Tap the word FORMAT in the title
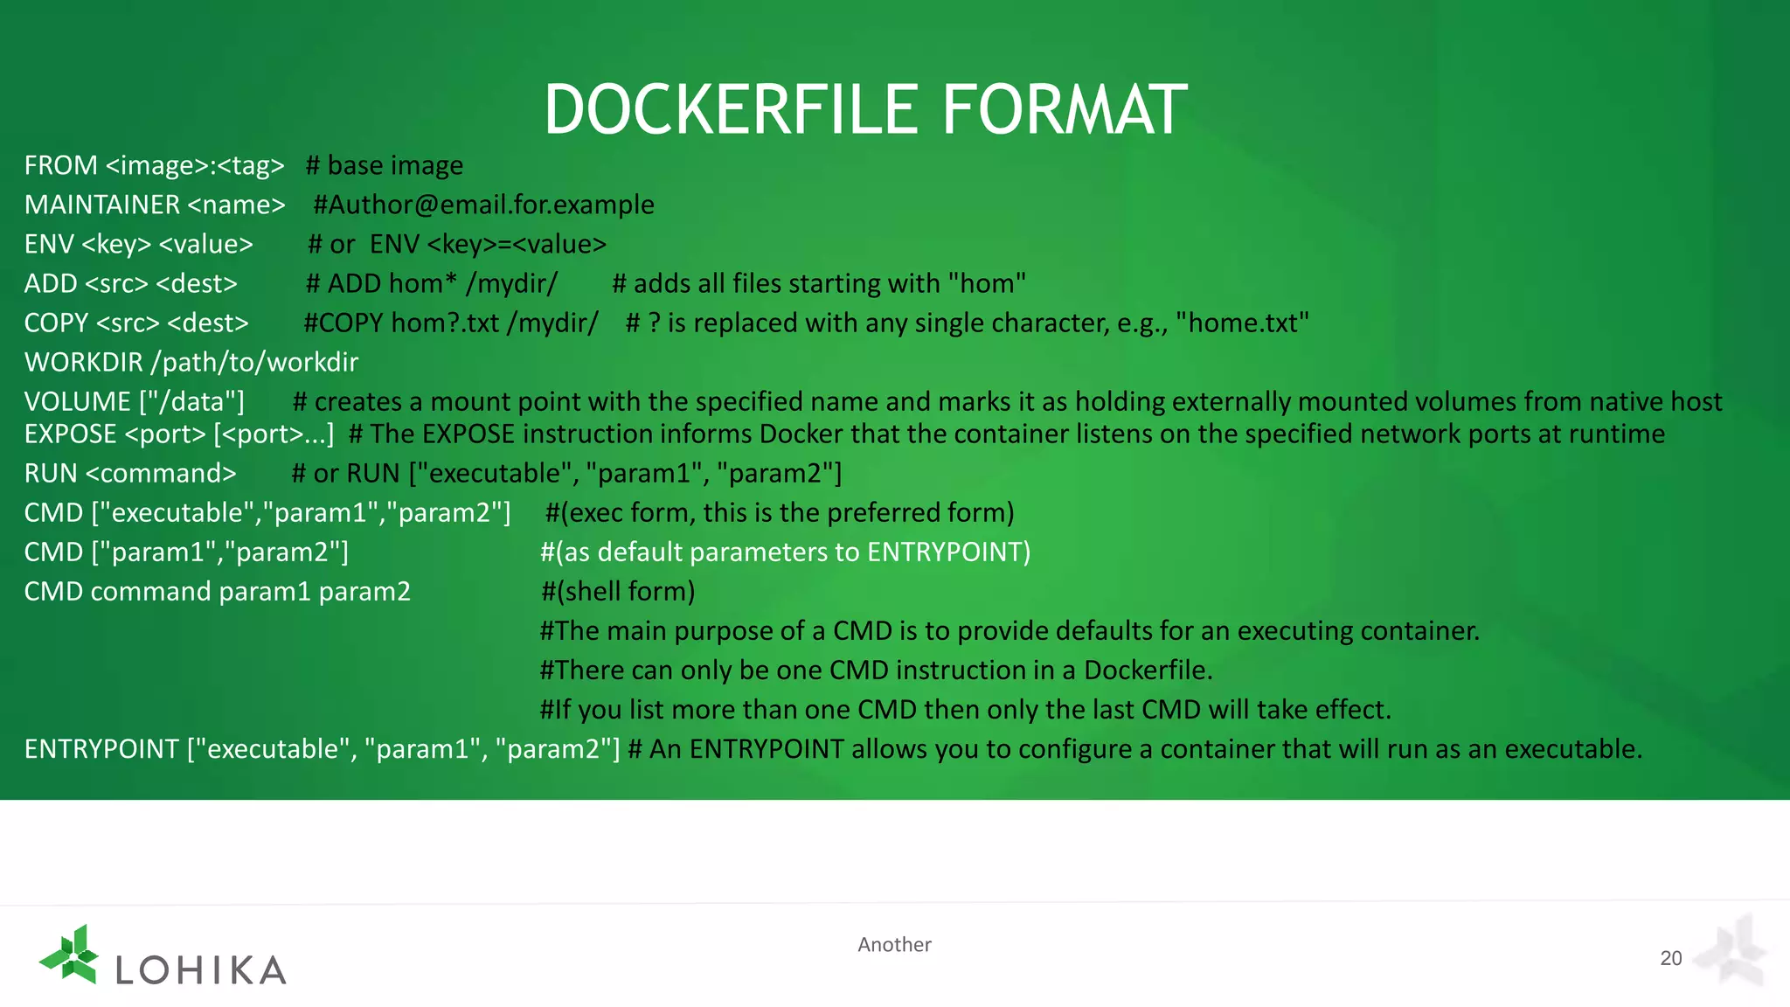point(1064,111)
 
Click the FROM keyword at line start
point(61,165)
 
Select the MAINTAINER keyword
point(102,205)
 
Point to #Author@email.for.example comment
point(483,205)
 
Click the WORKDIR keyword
point(84,362)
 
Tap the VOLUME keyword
point(78,401)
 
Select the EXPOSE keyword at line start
point(70,434)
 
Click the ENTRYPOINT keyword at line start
point(101,749)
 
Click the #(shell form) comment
point(617,592)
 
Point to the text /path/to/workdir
point(255,362)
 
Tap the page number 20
point(1670,958)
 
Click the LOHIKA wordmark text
point(201,969)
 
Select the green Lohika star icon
point(70,954)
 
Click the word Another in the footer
point(894,944)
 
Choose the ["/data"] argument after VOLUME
point(191,401)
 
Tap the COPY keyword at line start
point(56,323)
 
